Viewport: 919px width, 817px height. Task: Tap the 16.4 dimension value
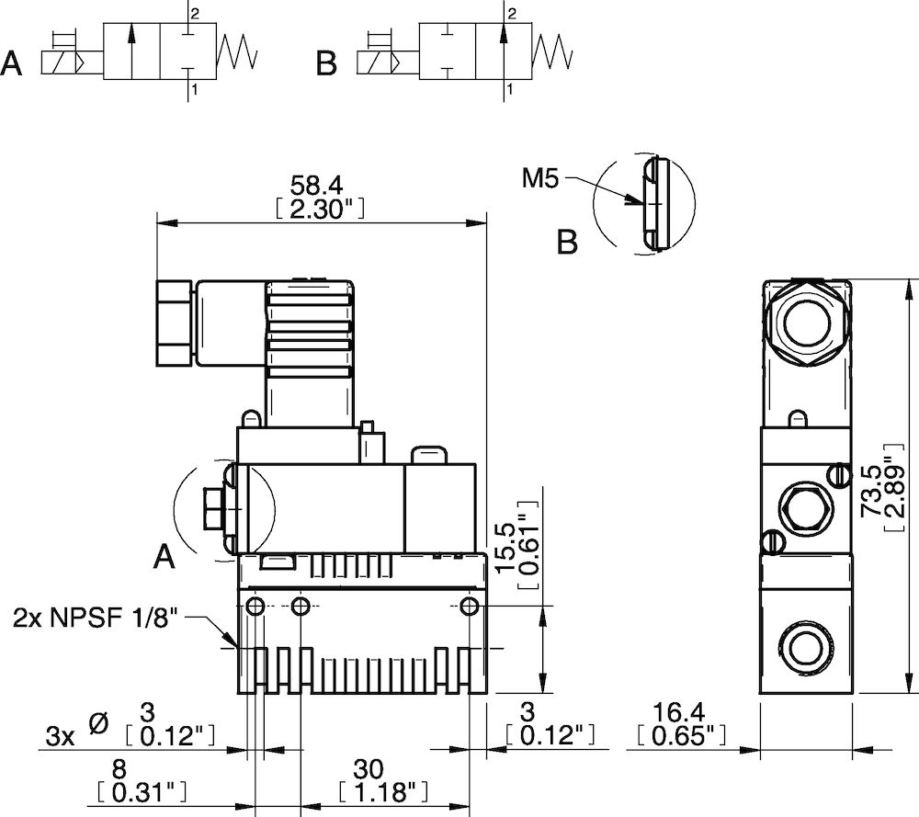point(681,712)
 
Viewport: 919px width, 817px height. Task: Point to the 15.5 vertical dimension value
point(504,545)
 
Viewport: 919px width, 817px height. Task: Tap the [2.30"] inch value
point(321,210)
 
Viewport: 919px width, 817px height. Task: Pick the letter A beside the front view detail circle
point(164,557)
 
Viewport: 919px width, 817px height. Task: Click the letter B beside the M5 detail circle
point(568,244)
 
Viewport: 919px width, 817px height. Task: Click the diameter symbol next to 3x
point(98,724)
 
